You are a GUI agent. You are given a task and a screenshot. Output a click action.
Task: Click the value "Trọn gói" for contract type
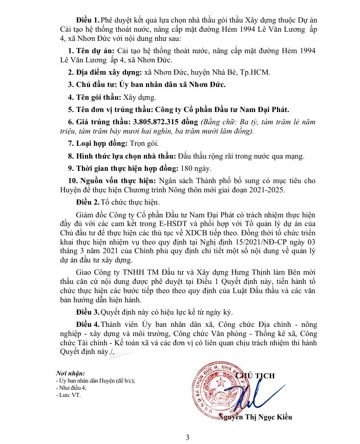140,145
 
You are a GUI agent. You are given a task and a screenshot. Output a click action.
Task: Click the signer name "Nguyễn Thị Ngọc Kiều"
255,417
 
